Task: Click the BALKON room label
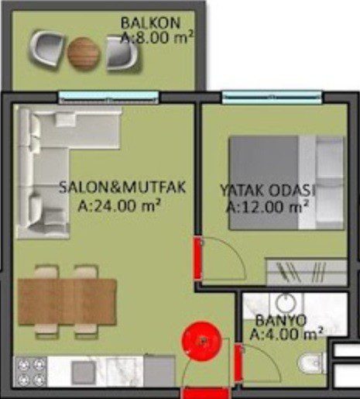click(x=150, y=23)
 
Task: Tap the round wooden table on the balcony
click(x=84, y=53)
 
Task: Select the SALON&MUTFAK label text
click(x=122, y=187)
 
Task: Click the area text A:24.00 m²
click(x=119, y=205)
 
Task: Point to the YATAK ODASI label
click(x=268, y=191)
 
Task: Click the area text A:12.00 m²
click(x=268, y=206)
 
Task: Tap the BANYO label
click(x=281, y=321)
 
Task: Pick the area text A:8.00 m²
click(x=157, y=38)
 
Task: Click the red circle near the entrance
click(x=201, y=341)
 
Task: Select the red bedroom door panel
click(x=197, y=258)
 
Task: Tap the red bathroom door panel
click(x=238, y=363)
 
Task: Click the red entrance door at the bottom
click(x=205, y=394)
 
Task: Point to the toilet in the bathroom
click(x=312, y=363)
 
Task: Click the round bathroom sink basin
click(x=286, y=303)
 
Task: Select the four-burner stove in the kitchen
click(x=30, y=372)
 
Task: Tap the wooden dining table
click(x=67, y=301)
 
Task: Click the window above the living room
click(x=108, y=98)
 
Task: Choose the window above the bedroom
click(x=273, y=98)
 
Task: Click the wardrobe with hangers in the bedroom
click(x=307, y=271)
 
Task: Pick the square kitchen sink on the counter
click(x=83, y=372)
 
